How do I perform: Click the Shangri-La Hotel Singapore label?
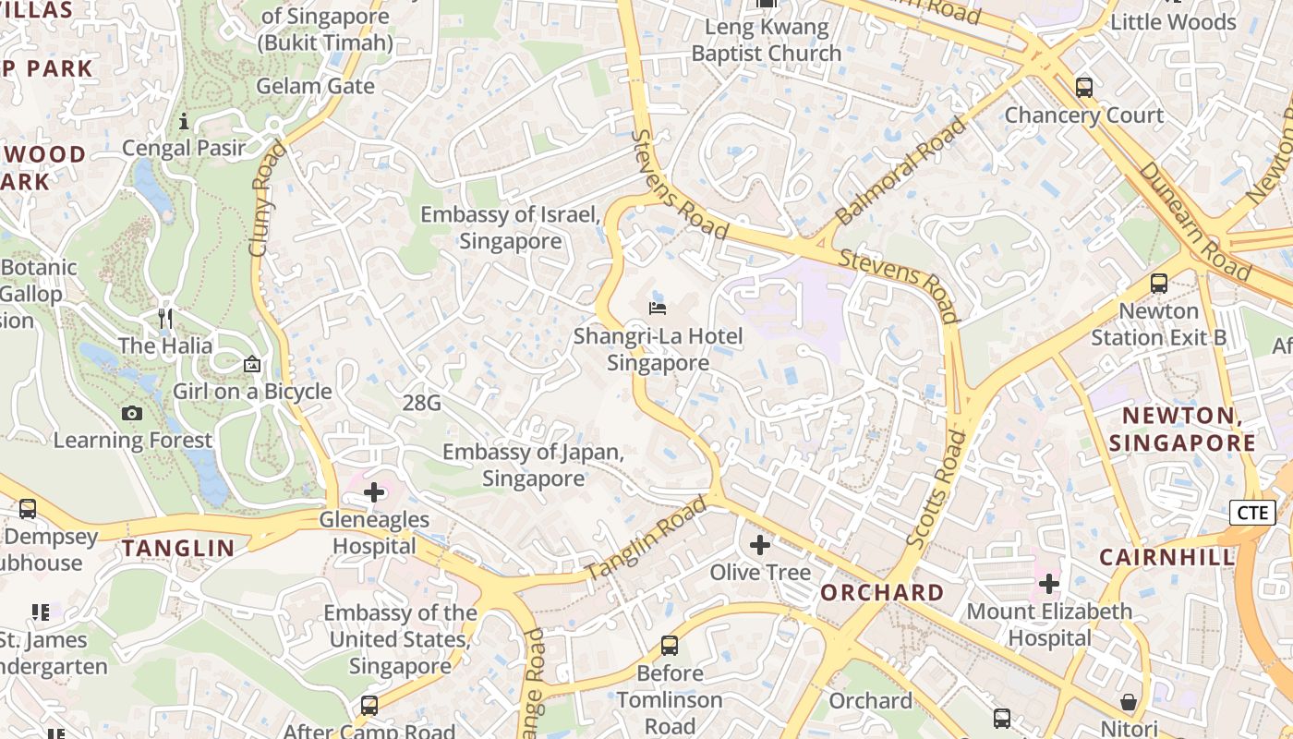click(658, 349)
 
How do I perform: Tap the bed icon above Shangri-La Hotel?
click(658, 308)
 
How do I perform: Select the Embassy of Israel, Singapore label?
click(511, 228)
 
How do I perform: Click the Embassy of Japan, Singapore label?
click(533, 466)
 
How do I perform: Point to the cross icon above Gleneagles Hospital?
click(374, 492)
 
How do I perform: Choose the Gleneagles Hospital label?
click(374, 533)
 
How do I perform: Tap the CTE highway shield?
click(1251, 513)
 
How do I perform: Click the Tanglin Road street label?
click(646, 538)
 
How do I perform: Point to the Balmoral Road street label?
click(900, 171)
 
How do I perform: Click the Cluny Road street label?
click(262, 199)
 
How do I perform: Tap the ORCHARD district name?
click(882, 592)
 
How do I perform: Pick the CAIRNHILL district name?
click(1166, 557)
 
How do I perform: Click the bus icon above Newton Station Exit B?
click(1159, 284)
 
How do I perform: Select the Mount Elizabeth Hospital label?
click(1049, 624)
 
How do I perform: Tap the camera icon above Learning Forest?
click(132, 413)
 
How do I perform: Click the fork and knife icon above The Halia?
click(165, 319)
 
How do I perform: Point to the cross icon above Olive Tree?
click(760, 545)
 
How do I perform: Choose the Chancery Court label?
click(1083, 115)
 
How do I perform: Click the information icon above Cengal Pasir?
click(184, 121)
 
